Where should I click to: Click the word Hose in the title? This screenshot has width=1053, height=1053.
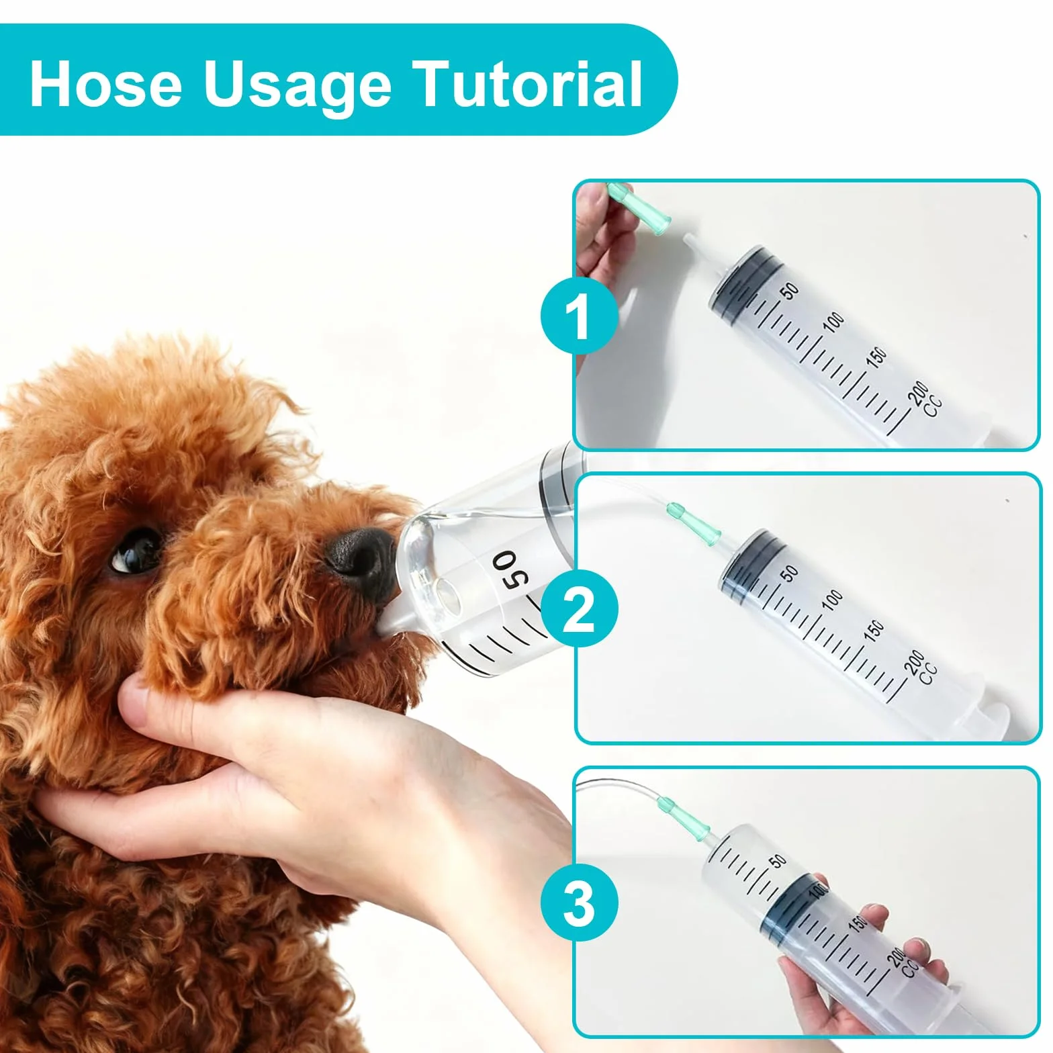(x=106, y=84)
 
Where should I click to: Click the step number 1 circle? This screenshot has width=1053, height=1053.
(x=579, y=314)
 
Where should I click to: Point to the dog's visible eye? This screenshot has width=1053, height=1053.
(x=136, y=549)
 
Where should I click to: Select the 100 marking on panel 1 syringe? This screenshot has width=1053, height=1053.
(x=833, y=322)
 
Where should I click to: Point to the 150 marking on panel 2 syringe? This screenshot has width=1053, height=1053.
(x=874, y=631)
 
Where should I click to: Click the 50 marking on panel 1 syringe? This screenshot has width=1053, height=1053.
(x=790, y=291)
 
